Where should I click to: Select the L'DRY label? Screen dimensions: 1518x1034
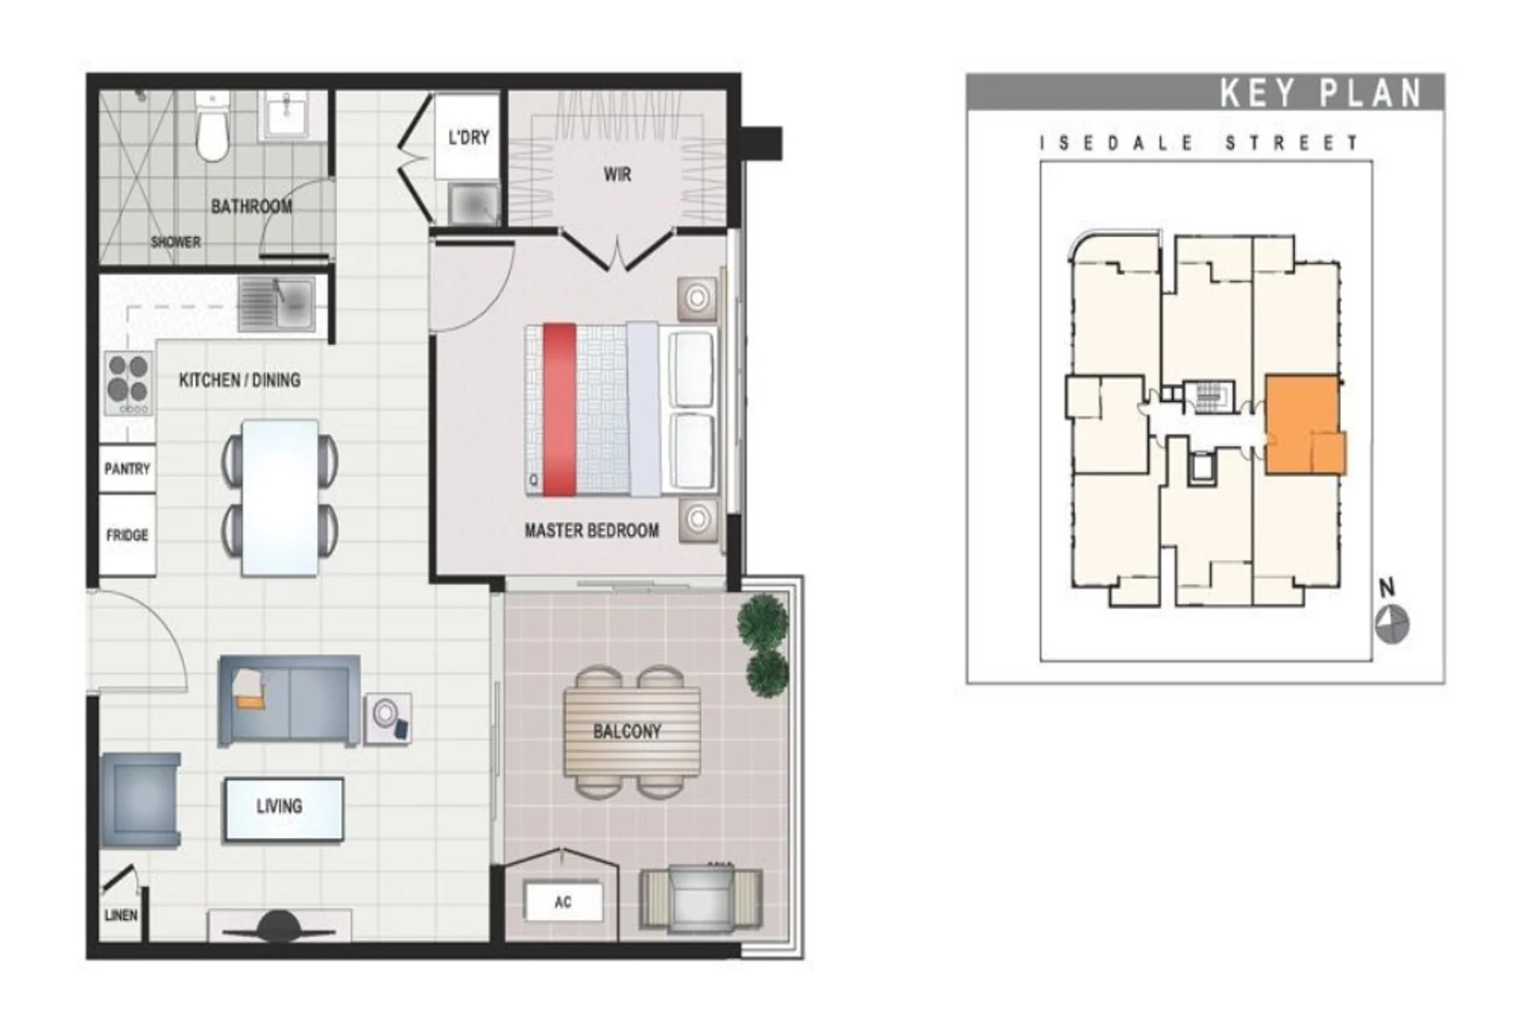468,137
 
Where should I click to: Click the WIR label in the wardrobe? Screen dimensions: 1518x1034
617,174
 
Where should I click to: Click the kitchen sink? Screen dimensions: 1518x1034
277,303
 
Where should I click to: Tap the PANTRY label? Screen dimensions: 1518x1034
127,469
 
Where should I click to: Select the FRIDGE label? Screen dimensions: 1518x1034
127,536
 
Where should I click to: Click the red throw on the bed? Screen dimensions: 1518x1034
559,410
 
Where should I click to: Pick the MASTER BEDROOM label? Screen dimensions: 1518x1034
592,531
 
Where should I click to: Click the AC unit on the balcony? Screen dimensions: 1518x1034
562,901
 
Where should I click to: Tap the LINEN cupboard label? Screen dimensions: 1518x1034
120,915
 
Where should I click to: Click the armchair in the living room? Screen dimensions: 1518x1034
141,800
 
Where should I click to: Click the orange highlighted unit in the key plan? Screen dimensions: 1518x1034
1305,425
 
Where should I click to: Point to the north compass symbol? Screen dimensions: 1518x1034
1391,624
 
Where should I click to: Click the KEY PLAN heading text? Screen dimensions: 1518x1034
1321,93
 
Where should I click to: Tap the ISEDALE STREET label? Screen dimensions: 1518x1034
1198,143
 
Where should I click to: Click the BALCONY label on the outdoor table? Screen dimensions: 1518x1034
627,731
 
